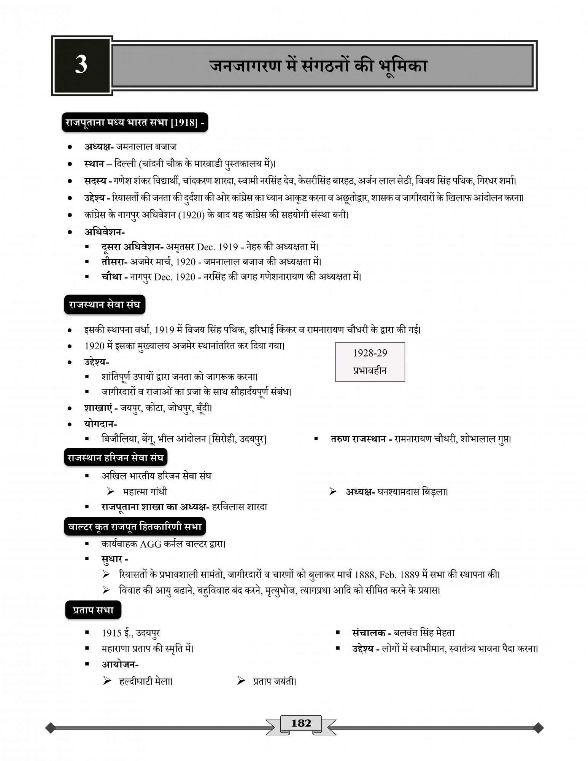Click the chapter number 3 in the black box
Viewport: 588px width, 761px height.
[x=81, y=65]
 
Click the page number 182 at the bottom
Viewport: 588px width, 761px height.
[x=301, y=723]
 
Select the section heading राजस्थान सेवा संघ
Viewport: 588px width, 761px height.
[x=105, y=305]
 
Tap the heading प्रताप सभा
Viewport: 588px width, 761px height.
[x=93, y=610]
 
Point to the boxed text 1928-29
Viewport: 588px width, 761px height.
[x=370, y=353]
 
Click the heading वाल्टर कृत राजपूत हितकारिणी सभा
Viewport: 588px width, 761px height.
[x=135, y=527]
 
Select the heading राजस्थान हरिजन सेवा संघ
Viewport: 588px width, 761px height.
[x=115, y=458]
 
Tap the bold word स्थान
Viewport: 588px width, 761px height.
[x=94, y=164]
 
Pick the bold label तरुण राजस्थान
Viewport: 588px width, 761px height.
[x=358, y=439]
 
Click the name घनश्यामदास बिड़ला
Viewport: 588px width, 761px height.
[x=412, y=492]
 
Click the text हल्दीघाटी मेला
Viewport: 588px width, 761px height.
[x=146, y=681]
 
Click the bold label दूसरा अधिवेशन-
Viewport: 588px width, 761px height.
[x=132, y=247]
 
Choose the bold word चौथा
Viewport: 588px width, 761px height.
[x=111, y=277]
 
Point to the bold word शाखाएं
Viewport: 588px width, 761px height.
[x=98, y=408]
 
